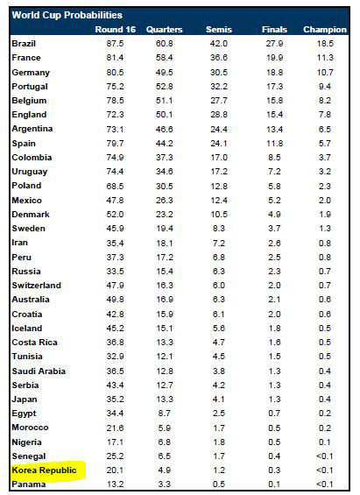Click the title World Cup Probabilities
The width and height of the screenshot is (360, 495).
pos(67,15)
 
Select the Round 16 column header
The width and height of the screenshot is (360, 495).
pos(115,30)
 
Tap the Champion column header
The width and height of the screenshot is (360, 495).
pos(325,30)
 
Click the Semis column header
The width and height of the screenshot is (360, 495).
pos(219,30)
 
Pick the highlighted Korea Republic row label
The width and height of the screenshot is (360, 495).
pos(44,470)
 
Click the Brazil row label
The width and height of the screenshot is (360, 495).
pos(24,44)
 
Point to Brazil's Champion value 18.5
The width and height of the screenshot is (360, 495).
pos(325,44)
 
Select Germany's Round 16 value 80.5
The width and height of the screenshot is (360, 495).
pos(115,73)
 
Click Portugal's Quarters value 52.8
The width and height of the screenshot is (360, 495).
pos(165,87)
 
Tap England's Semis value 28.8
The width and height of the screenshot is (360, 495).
pos(219,114)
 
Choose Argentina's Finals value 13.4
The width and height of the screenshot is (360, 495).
pos(274,129)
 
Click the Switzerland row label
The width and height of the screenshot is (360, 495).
pos(36,286)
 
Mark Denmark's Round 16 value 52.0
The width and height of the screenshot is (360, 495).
pos(115,215)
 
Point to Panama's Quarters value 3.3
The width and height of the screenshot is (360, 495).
pos(165,484)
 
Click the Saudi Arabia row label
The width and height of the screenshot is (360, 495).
pos(39,371)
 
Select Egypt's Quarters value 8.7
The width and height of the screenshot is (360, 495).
pos(165,414)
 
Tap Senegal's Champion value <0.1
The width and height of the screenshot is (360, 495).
pos(325,456)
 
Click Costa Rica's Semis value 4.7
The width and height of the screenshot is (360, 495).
pos(219,343)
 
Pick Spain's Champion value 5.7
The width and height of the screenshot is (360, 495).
pos(325,144)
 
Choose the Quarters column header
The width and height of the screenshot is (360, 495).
pos(165,30)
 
